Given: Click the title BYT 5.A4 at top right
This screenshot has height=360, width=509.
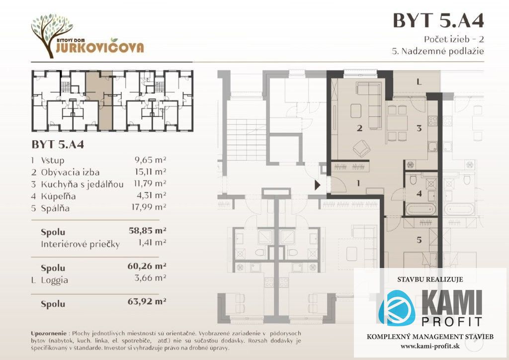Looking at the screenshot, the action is tap(438, 20).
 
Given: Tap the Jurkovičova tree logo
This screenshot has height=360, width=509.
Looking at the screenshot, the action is tap(52, 36).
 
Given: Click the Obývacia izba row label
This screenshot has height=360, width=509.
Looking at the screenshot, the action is tap(70, 172).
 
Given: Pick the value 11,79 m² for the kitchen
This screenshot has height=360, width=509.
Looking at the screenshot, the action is tap(150, 184).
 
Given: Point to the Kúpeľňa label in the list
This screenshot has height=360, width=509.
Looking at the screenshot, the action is tap(59, 196).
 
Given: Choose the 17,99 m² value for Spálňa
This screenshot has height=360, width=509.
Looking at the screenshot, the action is tap(149, 207).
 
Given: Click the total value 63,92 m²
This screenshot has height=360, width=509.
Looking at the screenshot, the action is tap(147, 301).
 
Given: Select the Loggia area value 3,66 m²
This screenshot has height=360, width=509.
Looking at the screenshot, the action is tap(150, 278).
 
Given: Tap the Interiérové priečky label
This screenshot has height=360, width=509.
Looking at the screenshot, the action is tap(81, 244).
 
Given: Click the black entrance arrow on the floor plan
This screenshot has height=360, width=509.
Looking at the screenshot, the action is tap(317, 185).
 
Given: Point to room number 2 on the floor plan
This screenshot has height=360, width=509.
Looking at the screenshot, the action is tap(359, 128).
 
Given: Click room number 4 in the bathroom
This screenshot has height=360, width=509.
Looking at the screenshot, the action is tap(419, 194).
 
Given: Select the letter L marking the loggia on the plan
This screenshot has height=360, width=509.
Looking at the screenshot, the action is tap(419, 82).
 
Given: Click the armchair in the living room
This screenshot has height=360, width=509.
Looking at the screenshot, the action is tap(362, 149).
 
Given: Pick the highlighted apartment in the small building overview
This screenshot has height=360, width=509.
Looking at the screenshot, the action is tap(99, 100).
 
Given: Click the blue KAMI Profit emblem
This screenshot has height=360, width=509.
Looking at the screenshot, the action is tap(397, 307).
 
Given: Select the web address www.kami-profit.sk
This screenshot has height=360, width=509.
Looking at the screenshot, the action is tap(430, 347).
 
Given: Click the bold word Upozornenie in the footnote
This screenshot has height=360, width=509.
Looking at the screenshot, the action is tap(49, 333).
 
